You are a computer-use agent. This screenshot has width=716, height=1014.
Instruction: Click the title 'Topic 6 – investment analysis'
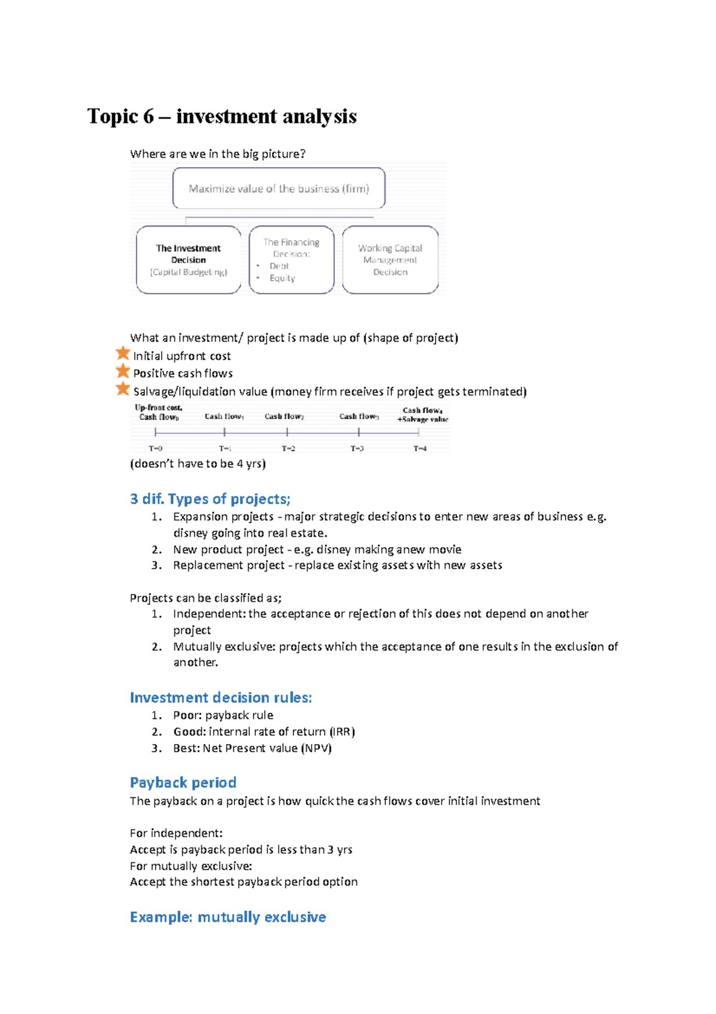tap(222, 116)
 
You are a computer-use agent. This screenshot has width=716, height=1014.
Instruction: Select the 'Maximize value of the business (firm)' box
tap(279, 189)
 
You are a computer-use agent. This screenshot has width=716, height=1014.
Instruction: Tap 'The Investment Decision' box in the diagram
tap(189, 259)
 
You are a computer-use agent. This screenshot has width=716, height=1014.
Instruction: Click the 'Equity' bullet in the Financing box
tap(282, 278)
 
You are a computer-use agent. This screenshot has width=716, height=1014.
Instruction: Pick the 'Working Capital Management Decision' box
tap(390, 260)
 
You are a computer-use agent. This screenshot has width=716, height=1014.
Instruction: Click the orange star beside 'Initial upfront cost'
tap(123, 354)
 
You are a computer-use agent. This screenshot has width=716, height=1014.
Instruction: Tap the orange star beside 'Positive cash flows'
tap(123, 371)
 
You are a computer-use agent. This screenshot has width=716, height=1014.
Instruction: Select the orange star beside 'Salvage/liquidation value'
tap(123, 389)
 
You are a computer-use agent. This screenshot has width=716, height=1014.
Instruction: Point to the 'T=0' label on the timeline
tap(155, 448)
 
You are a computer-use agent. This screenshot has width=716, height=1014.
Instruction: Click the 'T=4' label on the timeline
tap(420, 448)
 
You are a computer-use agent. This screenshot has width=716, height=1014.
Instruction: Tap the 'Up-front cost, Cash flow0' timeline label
tap(159, 412)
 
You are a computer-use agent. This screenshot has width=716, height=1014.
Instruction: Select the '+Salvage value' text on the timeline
tap(422, 419)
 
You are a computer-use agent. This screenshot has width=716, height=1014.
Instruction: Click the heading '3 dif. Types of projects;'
tap(210, 499)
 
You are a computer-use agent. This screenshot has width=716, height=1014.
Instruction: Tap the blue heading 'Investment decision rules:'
tap(221, 697)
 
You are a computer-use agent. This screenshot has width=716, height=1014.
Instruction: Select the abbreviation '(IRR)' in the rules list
tap(342, 732)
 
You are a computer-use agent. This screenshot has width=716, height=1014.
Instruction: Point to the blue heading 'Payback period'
tap(183, 782)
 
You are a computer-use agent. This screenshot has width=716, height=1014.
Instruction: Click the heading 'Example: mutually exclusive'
tap(228, 917)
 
